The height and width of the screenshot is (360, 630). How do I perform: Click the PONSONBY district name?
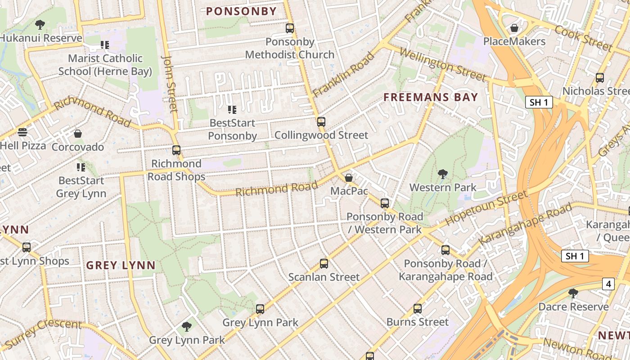(241, 12)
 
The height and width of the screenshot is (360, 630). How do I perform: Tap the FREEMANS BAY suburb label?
(431, 97)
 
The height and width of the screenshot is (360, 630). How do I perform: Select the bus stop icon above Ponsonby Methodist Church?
(290, 28)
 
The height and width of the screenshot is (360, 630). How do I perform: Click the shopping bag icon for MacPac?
(348, 178)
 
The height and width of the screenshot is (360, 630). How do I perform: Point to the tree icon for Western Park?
(443, 174)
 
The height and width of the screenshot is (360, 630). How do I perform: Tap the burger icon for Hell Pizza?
(22, 132)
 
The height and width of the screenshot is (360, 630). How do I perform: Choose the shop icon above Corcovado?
(78, 134)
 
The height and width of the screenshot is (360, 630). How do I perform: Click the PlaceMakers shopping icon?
(514, 28)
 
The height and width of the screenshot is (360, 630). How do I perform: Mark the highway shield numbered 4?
(608, 284)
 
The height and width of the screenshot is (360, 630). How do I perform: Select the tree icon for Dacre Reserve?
(573, 293)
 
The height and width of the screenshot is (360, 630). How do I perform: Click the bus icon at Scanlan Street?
(324, 264)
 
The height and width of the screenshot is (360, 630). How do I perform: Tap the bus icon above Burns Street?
(418, 309)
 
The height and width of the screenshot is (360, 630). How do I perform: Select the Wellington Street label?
(442, 66)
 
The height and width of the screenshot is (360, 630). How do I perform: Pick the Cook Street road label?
(584, 38)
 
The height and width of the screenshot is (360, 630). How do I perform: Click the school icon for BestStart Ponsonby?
(232, 109)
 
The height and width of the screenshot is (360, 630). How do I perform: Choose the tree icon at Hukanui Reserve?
(40, 24)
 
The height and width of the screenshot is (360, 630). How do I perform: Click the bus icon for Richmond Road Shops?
(176, 150)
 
